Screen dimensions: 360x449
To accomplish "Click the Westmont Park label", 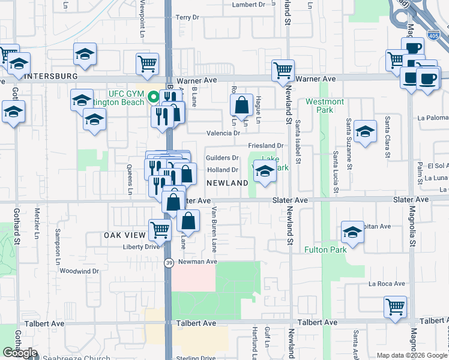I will tap(324, 106).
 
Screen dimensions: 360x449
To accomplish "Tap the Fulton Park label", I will tap(325, 249).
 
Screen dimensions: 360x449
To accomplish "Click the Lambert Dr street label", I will tap(249, 4).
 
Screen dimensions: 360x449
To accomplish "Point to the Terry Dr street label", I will tap(187, 18).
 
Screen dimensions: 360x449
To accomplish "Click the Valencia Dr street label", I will tap(223, 133).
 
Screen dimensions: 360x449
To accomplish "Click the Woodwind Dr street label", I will tap(79, 271).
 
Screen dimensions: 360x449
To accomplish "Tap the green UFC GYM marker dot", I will tap(154, 95).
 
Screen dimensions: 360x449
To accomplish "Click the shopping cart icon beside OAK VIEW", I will tap(159, 229).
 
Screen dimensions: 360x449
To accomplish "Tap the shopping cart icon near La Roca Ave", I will tap(396, 307).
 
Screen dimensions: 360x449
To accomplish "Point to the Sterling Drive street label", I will tap(196, 358).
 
